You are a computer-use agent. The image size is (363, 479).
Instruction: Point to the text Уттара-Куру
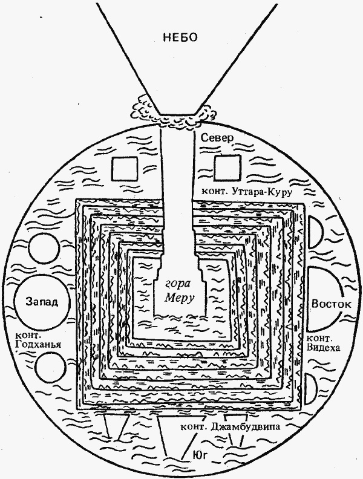[264, 192]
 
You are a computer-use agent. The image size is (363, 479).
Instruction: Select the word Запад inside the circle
[41, 302]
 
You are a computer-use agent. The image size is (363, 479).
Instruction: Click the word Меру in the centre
[181, 297]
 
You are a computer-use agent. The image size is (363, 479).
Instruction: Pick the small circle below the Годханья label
[49, 368]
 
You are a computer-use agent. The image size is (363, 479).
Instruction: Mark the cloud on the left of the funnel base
[145, 109]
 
